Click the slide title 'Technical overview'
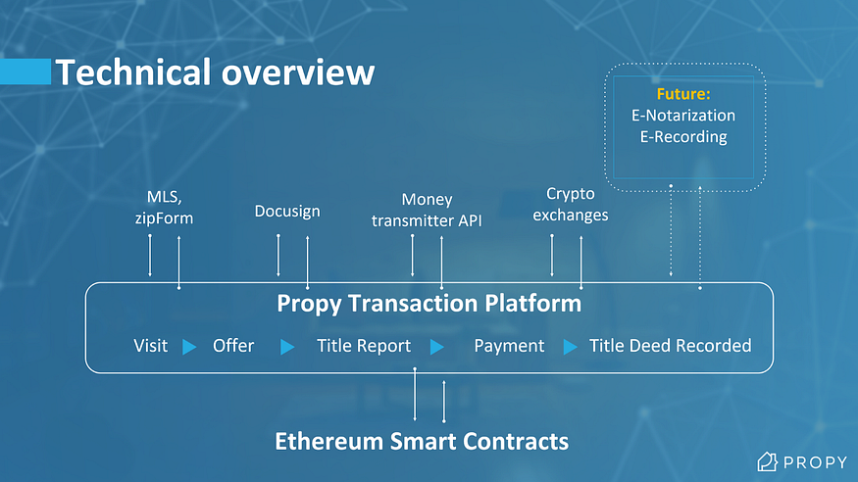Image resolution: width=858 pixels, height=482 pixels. point(214,72)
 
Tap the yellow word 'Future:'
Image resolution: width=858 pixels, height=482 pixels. point(683,95)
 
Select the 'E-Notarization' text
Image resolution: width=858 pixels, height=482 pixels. point(683,116)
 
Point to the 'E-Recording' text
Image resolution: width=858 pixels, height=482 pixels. point(683,136)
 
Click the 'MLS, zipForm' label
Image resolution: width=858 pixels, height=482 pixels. point(164,209)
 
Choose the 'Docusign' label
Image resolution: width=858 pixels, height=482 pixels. point(287,211)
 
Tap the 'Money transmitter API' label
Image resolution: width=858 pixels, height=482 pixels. point(427,210)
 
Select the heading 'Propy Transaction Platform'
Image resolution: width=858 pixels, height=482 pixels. point(429,303)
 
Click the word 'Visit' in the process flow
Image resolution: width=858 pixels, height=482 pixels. point(150,345)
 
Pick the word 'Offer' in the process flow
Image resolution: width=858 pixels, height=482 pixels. point(233,345)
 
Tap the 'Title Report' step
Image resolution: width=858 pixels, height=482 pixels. point(364,345)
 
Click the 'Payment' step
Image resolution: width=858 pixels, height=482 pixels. point(509,345)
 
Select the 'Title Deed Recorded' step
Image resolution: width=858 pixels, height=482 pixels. point(670,345)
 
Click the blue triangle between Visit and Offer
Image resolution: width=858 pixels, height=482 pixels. point(189,346)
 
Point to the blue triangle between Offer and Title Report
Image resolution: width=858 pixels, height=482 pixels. point(287,346)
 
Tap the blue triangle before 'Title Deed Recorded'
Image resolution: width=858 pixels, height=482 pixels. point(570,346)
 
